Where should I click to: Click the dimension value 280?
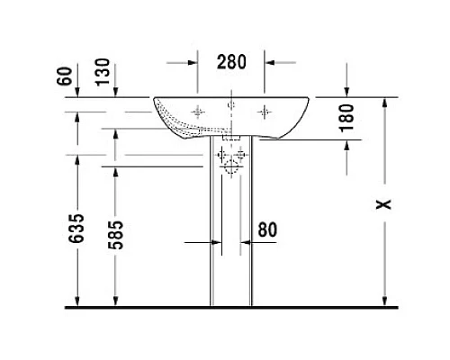coord(231,62)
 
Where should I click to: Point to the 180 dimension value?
coord(349,116)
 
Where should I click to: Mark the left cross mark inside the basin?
coord(198,112)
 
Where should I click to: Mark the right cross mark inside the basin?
coord(264,112)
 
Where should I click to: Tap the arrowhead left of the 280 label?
coord(192,63)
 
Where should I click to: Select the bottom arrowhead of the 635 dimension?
coord(79,301)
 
